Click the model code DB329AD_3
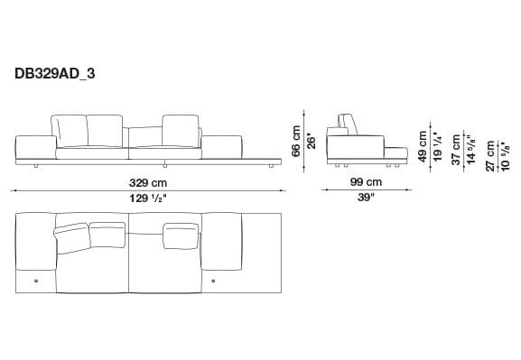tap(54, 76)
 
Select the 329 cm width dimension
tap(149, 182)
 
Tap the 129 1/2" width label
tap(149, 198)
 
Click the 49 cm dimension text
tap(422, 143)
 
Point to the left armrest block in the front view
tap(36, 144)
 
